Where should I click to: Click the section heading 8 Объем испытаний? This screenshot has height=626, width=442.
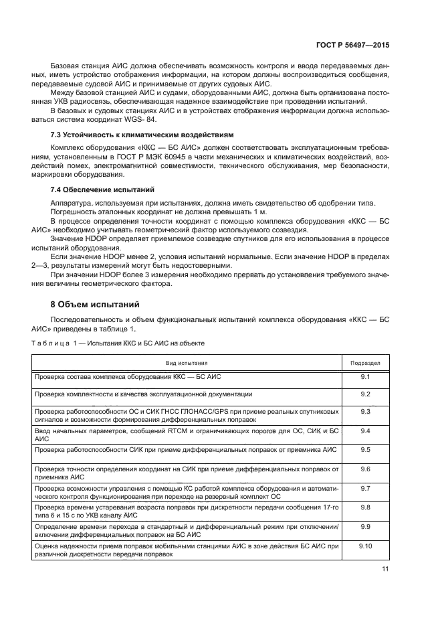click(x=94, y=305)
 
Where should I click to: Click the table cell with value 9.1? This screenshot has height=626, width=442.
click(x=365, y=377)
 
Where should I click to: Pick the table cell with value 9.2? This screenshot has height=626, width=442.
click(x=365, y=394)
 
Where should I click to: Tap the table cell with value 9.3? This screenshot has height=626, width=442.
click(x=365, y=411)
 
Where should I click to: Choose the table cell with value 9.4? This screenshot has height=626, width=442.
click(x=365, y=431)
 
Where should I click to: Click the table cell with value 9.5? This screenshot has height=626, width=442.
click(x=365, y=449)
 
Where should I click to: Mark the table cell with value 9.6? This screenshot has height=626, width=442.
click(x=365, y=469)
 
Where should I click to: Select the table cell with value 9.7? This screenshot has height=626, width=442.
click(x=365, y=489)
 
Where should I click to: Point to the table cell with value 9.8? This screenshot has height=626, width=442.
click(x=365, y=507)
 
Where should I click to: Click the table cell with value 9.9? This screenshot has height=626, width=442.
click(x=365, y=527)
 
